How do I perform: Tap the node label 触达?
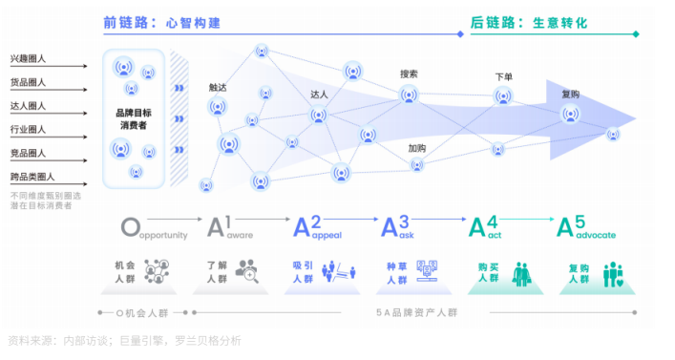[218, 87]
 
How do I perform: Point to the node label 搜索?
[409, 74]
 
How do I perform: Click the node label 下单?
[503, 76]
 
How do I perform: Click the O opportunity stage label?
[153, 228]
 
